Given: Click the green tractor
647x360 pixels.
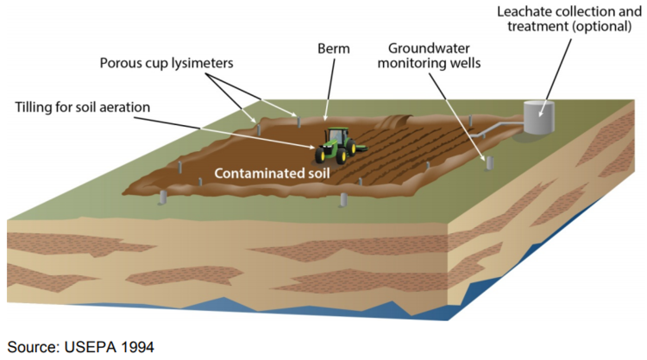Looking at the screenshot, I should [335, 146].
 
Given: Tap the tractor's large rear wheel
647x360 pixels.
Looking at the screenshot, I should [326, 154].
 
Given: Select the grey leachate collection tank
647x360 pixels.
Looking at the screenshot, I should [539, 117].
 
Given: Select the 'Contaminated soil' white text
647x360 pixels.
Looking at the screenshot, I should [272, 173].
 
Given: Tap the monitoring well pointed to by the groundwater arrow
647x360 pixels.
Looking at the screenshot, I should [488, 162].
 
